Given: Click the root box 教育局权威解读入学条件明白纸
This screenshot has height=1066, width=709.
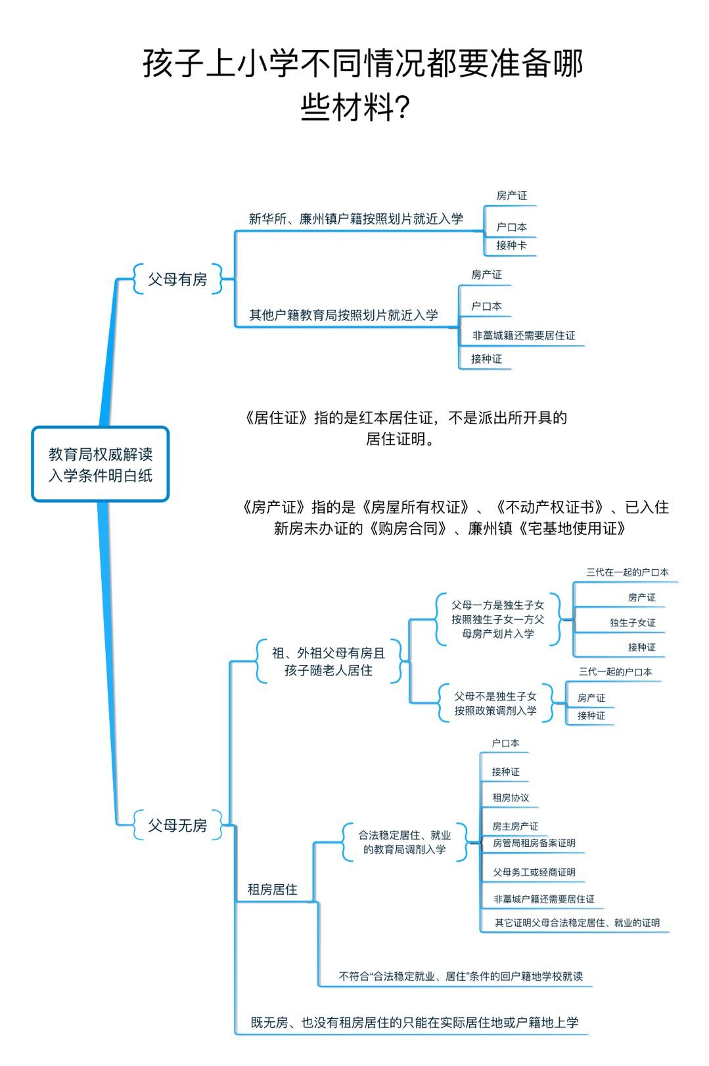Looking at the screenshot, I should [x=101, y=464].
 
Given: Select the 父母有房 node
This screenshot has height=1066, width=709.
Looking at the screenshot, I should [x=177, y=279].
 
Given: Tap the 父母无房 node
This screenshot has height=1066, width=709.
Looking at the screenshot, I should [x=177, y=825].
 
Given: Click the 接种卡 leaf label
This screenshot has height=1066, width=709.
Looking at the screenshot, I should [x=511, y=245].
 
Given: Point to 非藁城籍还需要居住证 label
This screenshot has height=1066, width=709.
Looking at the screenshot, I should [x=523, y=335].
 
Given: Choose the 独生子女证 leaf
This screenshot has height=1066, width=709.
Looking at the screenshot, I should [x=632, y=622].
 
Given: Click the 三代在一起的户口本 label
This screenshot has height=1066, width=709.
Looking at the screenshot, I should [x=627, y=572].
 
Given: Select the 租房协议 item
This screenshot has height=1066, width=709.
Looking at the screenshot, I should [x=511, y=798].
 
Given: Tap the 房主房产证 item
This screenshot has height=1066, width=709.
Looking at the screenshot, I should [x=515, y=826].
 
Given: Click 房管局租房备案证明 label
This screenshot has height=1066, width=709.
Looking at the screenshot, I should [x=534, y=843].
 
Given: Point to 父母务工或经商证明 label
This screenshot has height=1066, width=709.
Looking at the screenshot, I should [x=534, y=872].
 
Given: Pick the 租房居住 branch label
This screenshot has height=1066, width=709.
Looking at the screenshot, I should [x=272, y=889].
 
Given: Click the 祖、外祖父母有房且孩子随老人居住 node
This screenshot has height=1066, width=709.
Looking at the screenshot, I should [x=329, y=662].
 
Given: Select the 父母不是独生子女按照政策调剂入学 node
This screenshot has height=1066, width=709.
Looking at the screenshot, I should [x=495, y=703].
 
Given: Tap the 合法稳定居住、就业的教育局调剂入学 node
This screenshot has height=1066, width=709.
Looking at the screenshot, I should [x=404, y=842].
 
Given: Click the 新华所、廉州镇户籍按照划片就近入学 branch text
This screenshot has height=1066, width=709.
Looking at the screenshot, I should [x=355, y=219].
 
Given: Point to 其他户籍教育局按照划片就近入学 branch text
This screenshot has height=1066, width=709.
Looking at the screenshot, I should [x=343, y=315].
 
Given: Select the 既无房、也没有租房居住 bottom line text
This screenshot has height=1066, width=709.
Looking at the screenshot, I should [x=414, y=1023].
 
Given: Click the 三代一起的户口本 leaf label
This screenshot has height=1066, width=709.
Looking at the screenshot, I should [x=615, y=672].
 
